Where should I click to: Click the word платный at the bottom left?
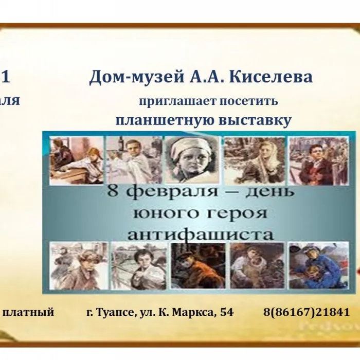click(x=29, y=312)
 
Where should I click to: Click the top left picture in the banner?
click(x=76, y=160)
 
